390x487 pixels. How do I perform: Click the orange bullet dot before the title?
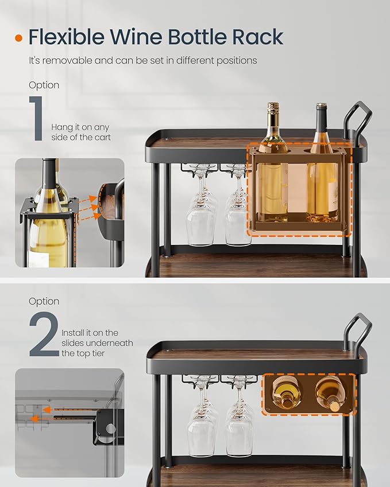(x=19, y=38)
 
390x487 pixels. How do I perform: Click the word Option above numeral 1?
(x=44, y=85)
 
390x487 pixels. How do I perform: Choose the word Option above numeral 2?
(x=44, y=301)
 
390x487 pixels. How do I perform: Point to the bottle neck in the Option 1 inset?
(x=50, y=173)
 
